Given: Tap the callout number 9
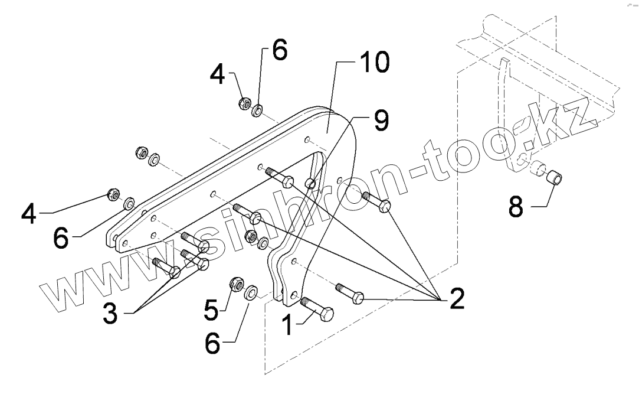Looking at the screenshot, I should [379, 121].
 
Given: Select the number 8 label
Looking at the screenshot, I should [515, 207].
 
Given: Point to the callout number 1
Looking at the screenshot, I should [287, 324].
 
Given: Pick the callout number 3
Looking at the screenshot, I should [112, 312].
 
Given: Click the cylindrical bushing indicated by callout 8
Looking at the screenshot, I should [555, 176].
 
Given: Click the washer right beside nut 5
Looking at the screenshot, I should [250, 292].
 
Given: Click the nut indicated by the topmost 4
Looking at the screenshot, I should [243, 104].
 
